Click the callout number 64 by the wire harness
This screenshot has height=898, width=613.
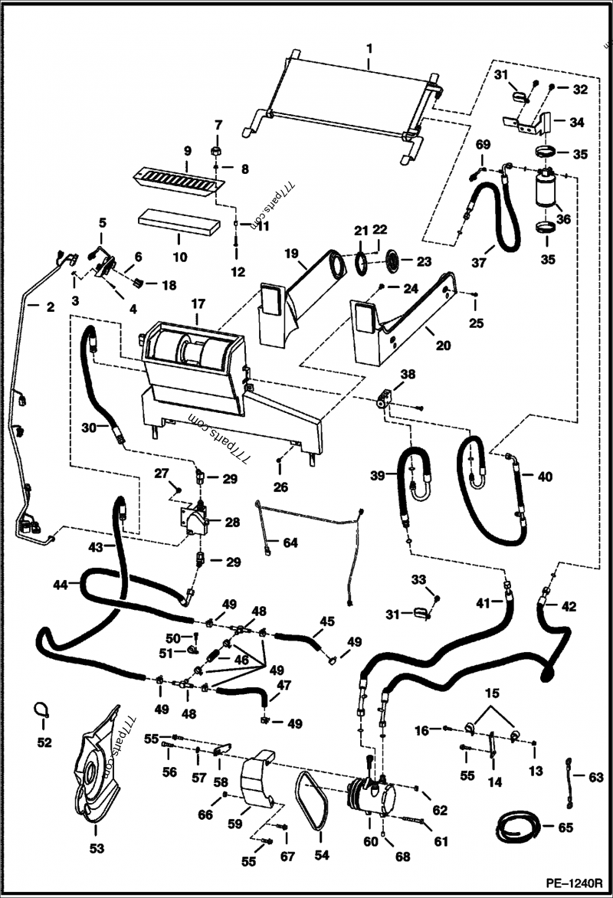pos(288,543)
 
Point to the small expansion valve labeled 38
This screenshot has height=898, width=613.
pos(385,399)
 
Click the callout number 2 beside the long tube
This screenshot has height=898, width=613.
pos(50,307)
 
